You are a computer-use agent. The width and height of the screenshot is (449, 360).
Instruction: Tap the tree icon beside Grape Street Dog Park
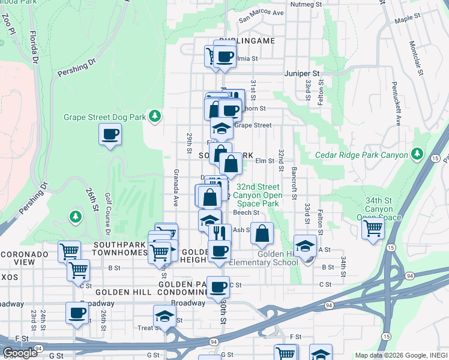[155, 115]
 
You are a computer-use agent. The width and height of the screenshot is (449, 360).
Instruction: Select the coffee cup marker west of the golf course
[110, 134]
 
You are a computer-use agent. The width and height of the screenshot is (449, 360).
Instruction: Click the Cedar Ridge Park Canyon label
[361, 156]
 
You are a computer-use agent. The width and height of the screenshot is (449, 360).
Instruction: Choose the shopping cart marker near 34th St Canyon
[373, 229]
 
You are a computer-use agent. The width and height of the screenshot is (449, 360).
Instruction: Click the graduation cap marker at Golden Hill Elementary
[305, 246]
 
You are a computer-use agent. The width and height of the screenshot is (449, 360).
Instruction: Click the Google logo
[20, 353]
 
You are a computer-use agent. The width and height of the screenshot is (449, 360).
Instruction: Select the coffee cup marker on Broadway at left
[77, 313]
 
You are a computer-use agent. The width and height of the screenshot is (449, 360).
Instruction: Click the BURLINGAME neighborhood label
[246, 41]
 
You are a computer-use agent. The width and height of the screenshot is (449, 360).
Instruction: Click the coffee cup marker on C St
[218, 287]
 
